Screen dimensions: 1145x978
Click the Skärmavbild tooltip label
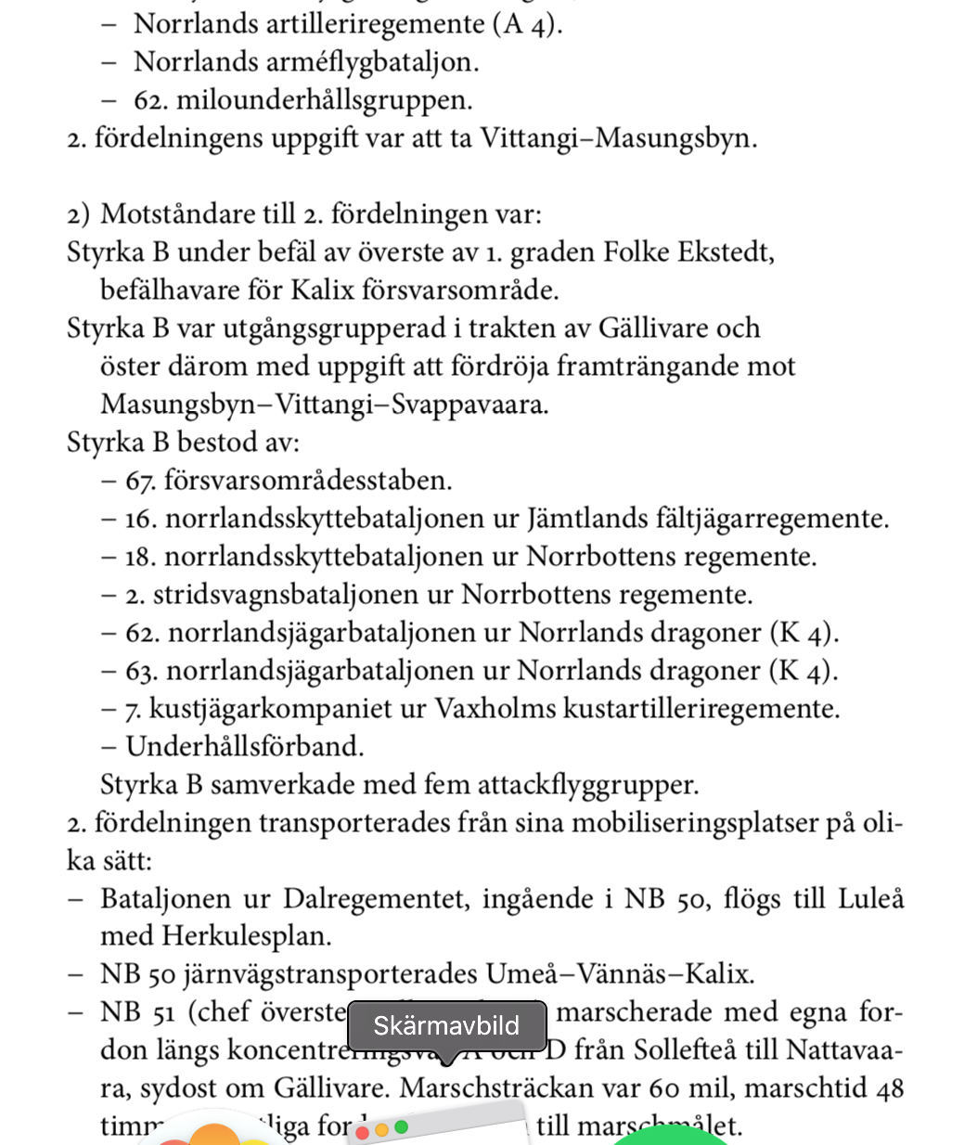(446, 1025)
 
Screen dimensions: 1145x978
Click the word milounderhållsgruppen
(324, 100)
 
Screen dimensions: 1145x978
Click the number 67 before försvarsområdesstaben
(140, 481)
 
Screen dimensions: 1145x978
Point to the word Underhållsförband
(245, 747)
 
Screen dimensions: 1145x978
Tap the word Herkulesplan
(246, 936)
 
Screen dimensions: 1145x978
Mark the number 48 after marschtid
(889, 1088)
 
